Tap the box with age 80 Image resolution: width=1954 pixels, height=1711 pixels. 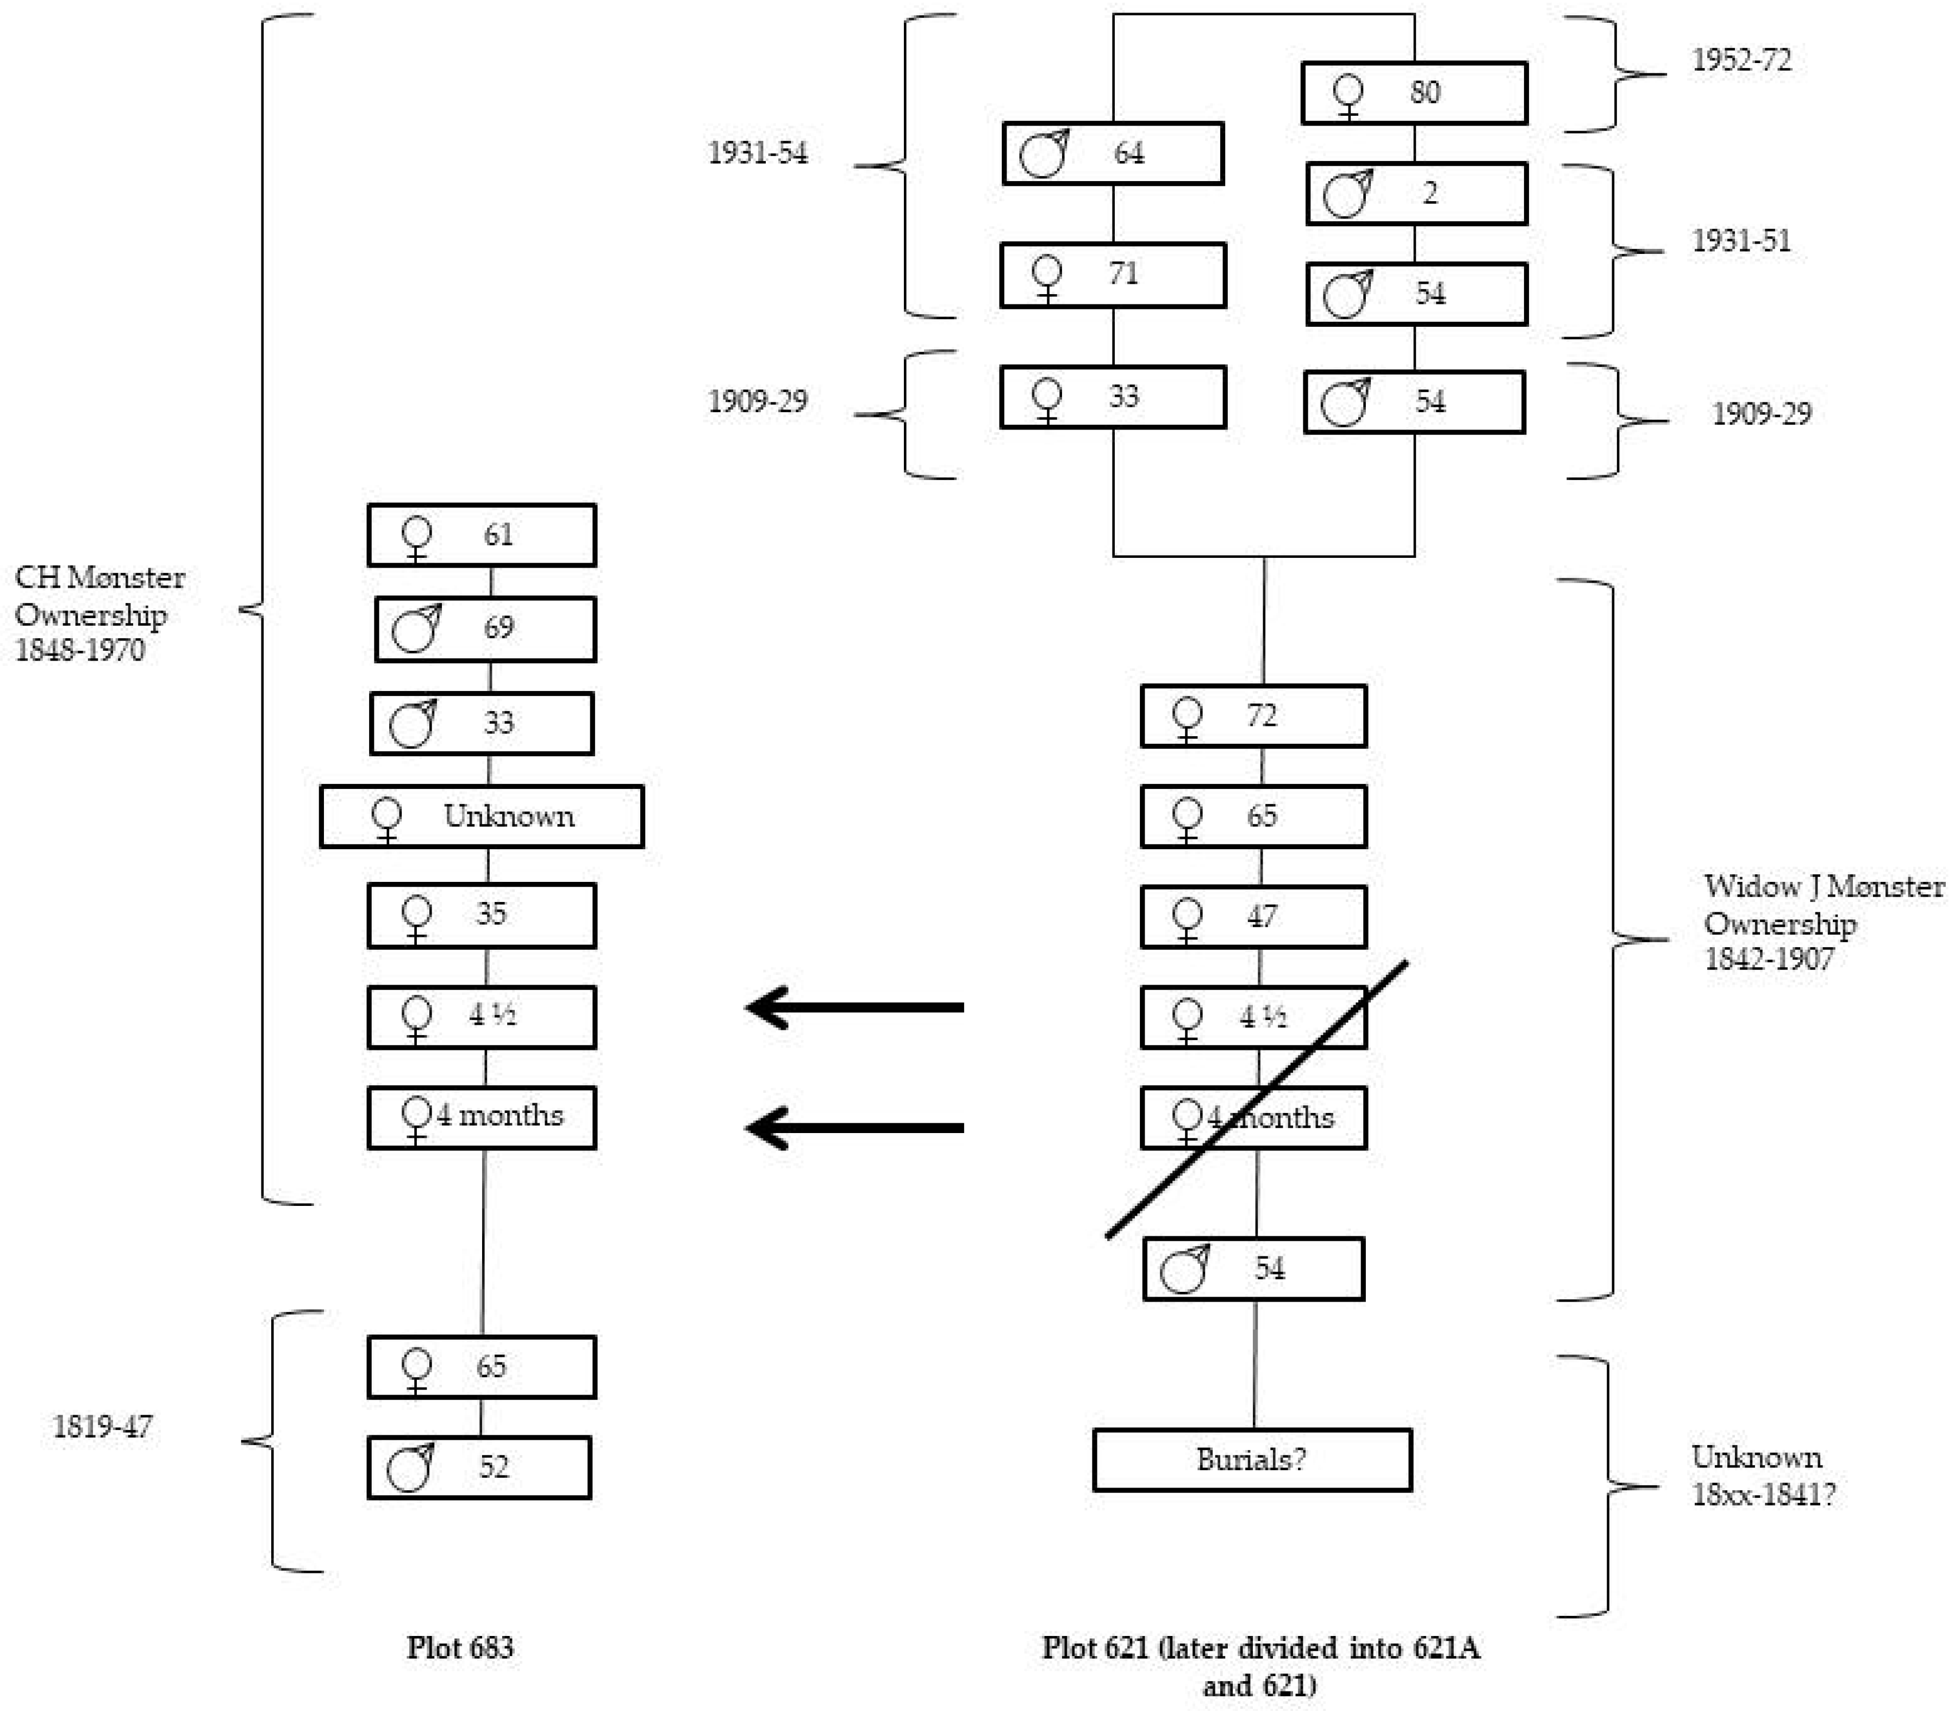(1414, 92)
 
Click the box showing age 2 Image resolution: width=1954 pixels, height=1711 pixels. (1416, 194)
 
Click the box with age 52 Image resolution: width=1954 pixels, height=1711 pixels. (479, 1467)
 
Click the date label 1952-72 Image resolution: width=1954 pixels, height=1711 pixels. (1741, 60)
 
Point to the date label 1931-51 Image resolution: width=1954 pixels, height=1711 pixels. (1741, 241)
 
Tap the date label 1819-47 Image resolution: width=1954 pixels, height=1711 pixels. (102, 1427)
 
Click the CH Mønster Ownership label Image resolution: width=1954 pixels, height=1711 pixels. (99, 613)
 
